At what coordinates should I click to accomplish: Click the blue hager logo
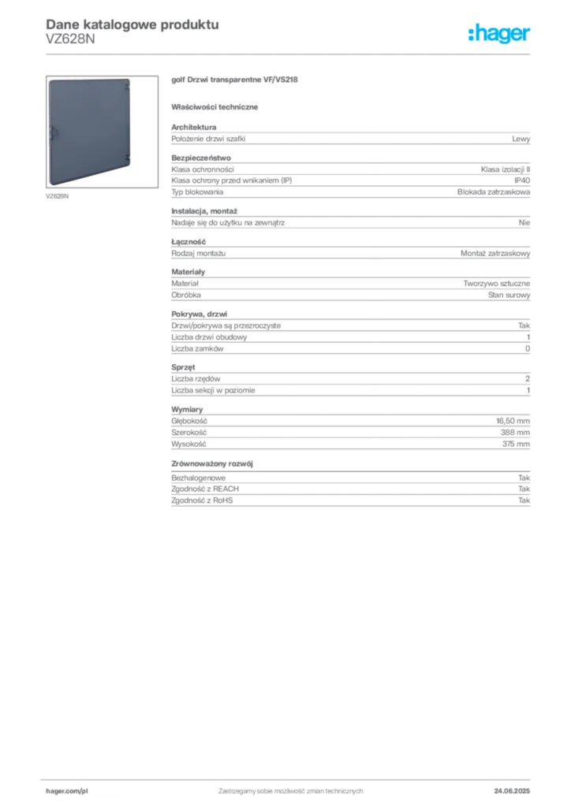[x=500, y=35]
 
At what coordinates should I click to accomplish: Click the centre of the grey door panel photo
[x=89, y=132]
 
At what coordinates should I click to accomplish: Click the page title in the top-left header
[x=131, y=24]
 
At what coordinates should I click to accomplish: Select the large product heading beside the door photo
[x=237, y=82]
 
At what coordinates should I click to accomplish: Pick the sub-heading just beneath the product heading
[x=218, y=106]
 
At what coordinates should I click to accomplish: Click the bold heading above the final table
[x=214, y=462]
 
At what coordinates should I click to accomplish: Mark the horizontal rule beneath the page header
[x=290, y=54]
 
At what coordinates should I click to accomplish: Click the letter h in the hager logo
[x=472, y=35]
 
